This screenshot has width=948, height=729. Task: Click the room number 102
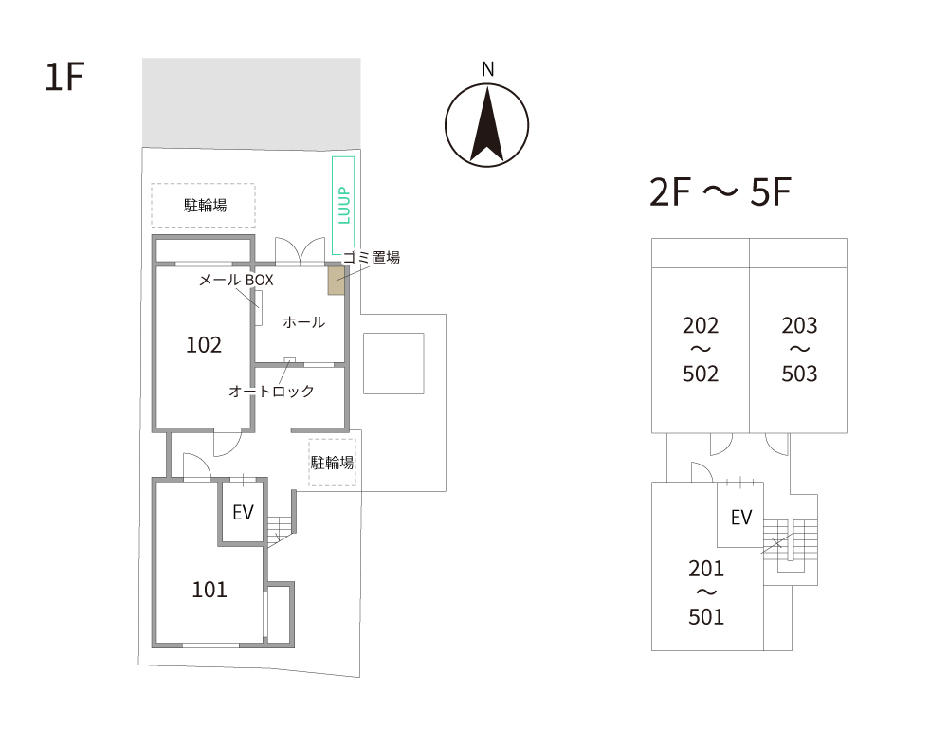(x=204, y=344)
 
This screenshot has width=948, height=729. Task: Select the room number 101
(x=210, y=590)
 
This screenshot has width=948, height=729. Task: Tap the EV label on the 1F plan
(x=243, y=513)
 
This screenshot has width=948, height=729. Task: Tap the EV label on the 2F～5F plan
(x=741, y=518)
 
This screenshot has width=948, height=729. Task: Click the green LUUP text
(x=344, y=206)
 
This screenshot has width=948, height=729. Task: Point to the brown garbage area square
(x=337, y=280)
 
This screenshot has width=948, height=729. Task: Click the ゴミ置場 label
(x=372, y=258)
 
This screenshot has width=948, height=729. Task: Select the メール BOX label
(x=236, y=280)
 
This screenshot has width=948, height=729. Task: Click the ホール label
(x=304, y=322)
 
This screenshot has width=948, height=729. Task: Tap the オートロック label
(x=271, y=392)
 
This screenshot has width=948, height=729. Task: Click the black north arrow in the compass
(x=486, y=124)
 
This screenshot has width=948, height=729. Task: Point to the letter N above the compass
(x=487, y=69)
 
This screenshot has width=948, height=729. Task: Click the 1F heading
(x=64, y=77)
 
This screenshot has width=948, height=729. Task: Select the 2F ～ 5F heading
(x=720, y=192)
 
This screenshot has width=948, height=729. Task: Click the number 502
(x=701, y=374)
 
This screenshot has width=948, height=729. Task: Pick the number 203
(x=799, y=326)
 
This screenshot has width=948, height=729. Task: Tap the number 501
(x=706, y=616)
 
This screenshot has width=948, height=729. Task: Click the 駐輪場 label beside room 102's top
(x=205, y=206)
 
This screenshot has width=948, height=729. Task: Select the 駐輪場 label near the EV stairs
(x=332, y=463)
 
